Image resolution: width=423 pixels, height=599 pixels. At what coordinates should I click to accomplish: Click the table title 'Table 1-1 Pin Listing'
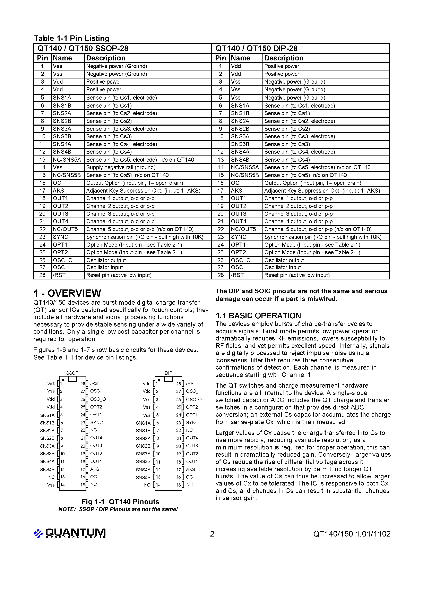coord(71,38)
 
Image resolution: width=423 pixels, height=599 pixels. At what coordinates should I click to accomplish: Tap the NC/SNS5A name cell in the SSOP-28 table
coord(67,160)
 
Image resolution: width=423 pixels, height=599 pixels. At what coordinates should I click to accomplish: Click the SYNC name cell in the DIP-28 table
coord(238,237)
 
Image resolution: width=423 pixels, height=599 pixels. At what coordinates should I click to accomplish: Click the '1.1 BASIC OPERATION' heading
coord(258,316)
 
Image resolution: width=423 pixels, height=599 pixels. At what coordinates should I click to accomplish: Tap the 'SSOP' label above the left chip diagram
coord(72,373)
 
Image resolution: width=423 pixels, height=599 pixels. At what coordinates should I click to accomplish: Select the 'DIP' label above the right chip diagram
coord(168,373)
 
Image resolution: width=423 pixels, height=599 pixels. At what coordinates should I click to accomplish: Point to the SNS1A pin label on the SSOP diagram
coord(47,415)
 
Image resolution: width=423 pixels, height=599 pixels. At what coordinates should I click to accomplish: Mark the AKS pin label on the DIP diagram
coord(190,469)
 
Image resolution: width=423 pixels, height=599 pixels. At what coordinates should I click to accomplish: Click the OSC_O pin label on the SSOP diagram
coord(98,399)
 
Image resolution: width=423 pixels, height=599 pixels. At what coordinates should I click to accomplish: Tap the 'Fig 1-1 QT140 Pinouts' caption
coord(120,502)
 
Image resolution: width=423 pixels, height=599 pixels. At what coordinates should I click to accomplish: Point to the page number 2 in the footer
coord(212,534)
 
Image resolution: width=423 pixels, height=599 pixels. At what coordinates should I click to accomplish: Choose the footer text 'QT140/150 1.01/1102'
coord(352,534)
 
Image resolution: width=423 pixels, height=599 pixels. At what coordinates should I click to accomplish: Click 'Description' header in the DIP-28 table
coord(284,58)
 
